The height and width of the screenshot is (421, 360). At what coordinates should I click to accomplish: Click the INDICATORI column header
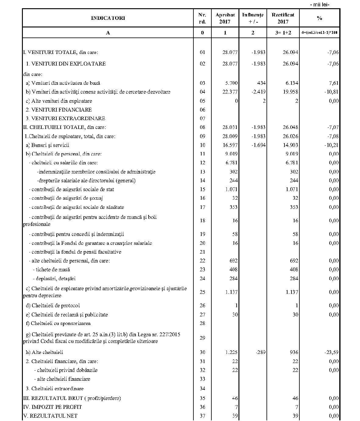point(108,18)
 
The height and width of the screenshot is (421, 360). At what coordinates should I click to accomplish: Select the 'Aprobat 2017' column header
point(225,18)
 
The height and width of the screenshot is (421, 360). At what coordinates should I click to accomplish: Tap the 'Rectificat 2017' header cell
point(283,18)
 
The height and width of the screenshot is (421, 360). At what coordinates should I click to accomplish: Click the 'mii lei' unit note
point(319,4)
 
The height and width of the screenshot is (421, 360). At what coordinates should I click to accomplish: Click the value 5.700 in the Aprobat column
point(230,83)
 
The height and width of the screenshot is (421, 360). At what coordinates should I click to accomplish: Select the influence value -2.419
point(258,92)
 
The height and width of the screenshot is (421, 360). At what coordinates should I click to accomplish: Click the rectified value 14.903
point(290,145)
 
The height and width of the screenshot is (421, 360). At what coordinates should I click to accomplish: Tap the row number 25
point(203,292)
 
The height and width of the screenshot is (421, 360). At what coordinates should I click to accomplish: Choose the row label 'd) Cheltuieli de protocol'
point(54,305)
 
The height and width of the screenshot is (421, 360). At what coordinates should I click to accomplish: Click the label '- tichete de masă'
point(51,269)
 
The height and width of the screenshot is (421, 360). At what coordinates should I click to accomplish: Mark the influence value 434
point(261,83)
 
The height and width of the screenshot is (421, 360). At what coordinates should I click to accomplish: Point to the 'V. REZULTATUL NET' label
point(50,416)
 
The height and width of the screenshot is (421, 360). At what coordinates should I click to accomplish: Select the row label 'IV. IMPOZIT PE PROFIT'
point(52,407)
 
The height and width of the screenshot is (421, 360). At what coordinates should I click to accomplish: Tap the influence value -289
point(260,352)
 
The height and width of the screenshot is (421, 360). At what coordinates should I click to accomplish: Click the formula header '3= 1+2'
point(283,33)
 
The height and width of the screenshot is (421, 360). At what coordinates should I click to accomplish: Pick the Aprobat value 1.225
point(231,352)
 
